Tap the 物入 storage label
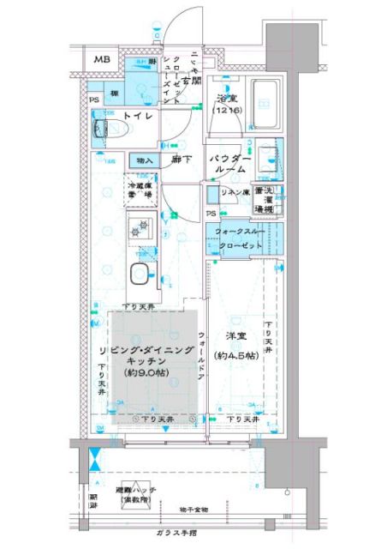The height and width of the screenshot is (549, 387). pos(143,160)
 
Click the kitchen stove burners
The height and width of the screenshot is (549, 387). pos(138,228)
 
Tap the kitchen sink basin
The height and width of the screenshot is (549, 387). pos(138,274)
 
